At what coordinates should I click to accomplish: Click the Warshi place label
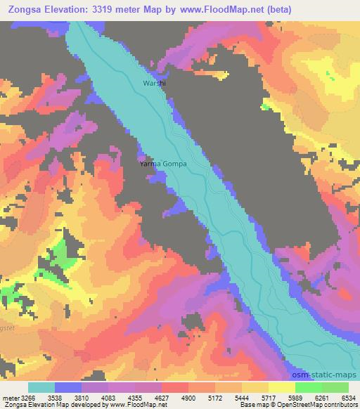[x=154, y=83]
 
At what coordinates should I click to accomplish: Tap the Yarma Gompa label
[x=163, y=164]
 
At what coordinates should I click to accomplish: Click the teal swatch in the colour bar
[x=41, y=387]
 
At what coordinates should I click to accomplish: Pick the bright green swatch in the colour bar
[x=309, y=387]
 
